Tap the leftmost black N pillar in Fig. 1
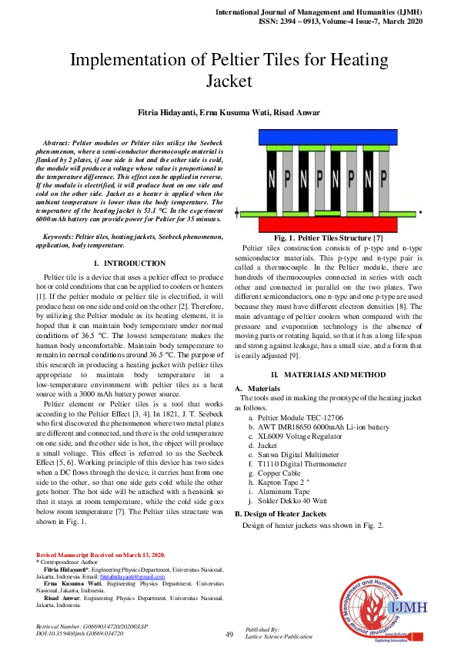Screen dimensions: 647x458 (271, 178)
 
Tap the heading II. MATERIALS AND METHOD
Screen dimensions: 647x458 (333, 373)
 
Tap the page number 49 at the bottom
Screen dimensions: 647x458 (229, 634)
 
